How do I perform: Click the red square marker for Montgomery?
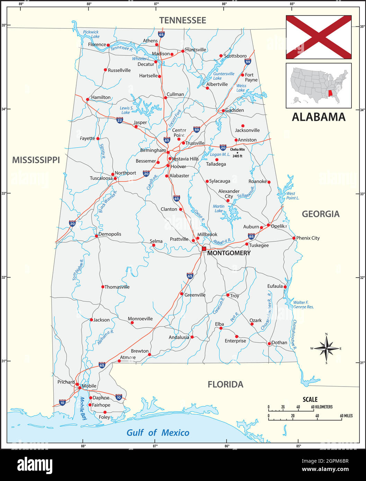pyautogui.click(x=204, y=248)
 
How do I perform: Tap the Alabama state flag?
pyautogui.click(x=319, y=37)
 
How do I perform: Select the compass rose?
pyautogui.click(x=326, y=348)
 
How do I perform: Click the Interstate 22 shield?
pyautogui.click(x=119, y=120)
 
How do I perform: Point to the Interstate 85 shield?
pyautogui.click(x=251, y=236)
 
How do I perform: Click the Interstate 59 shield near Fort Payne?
pyautogui.click(x=248, y=62)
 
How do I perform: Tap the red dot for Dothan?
pyautogui.click(x=269, y=344)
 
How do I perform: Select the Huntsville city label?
pyautogui.click(x=196, y=50)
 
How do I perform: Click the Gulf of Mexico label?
pyautogui.click(x=158, y=433)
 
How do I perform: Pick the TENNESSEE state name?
pyautogui.click(x=182, y=20)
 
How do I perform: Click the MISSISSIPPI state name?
pyautogui.click(x=36, y=160)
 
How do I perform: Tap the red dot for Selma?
pyautogui.click(x=154, y=245)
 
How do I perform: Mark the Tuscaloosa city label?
pyautogui.click(x=101, y=178)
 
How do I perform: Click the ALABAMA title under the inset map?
pyautogui.click(x=319, y=117)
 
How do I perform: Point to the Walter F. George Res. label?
pyautogui.click(x=303, y=305)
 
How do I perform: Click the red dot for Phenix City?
pyautogui.click(x=294, y=238)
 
